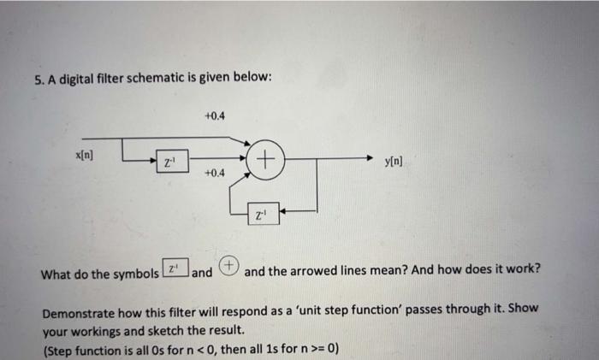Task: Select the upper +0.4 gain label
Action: tap(215, 115)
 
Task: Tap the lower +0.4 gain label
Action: tap(215, 173)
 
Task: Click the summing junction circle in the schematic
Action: tap(267, 158)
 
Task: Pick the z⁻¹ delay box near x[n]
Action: tap(171, 161)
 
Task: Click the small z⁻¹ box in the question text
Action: tap(174, 270)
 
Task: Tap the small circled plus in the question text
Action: tap(229, 268)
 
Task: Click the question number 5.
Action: tap(39, 80)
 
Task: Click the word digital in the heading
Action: tap(87, 79)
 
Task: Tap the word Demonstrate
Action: tap(81, 312)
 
